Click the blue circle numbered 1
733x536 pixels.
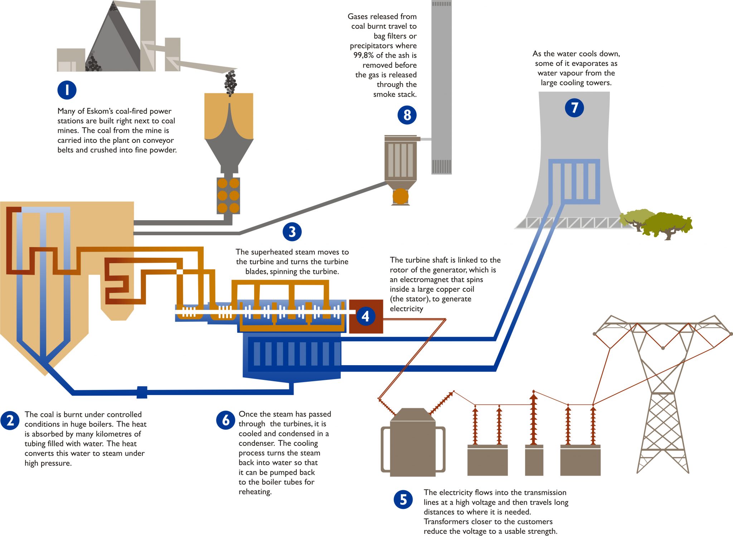[67, 90]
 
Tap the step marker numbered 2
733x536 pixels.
[10, 420]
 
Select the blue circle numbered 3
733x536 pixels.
[292, 232]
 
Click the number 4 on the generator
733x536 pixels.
[365, 316]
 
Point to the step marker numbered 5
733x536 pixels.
[403, 499]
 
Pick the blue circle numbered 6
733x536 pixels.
[225, 420]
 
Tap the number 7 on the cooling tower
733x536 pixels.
[574, 107]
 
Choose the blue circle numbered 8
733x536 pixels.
[407, 115]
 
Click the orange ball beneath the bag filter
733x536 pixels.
[401, 197]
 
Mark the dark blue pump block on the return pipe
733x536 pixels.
[142, 392]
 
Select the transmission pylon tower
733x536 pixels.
[663, 394]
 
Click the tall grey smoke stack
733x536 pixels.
[441, 86]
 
